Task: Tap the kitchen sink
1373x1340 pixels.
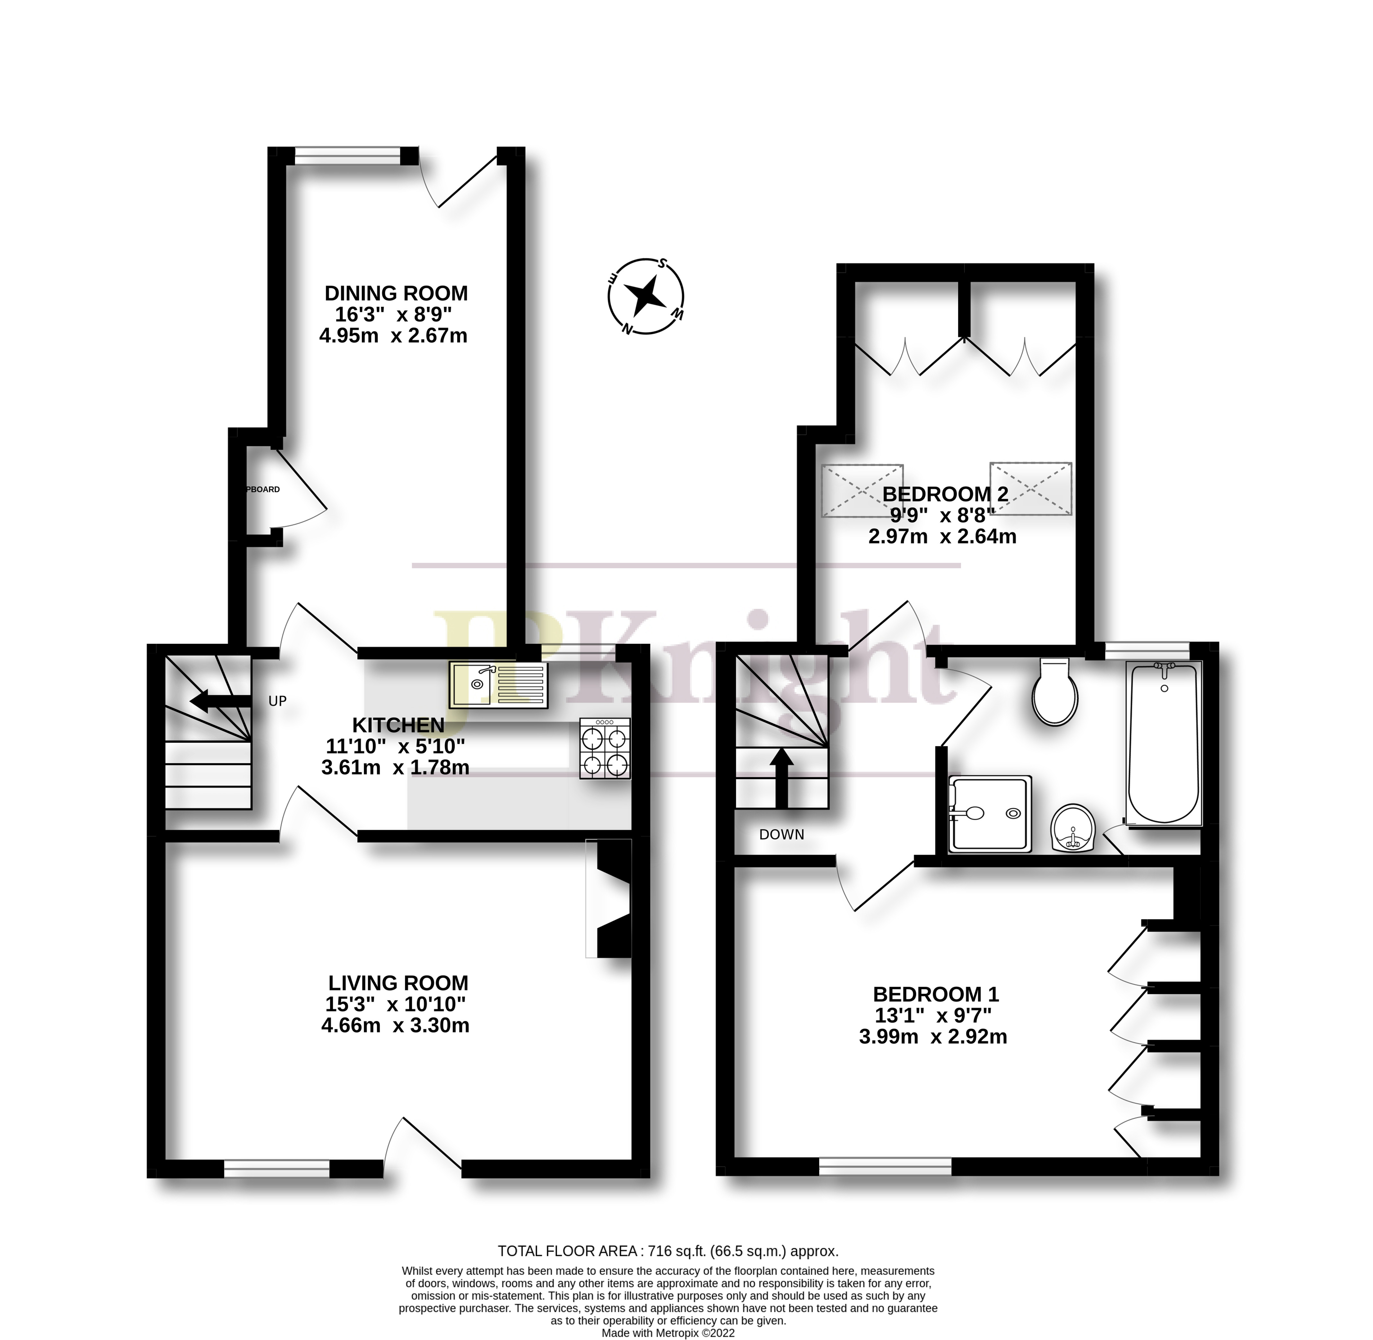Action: [x=498, y=685]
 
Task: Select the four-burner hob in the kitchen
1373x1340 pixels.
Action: [x=605, y=748]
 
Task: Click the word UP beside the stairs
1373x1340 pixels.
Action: [x=277, y=701]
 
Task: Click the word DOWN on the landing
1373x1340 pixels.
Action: [x=781, y=835]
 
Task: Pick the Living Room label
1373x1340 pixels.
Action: [x=398, y=983]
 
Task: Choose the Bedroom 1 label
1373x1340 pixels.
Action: [x=935, y=994]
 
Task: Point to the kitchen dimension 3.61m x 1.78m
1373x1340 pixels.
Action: [x=395, y=767]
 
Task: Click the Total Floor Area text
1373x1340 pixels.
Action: [x=668, y=1250]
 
